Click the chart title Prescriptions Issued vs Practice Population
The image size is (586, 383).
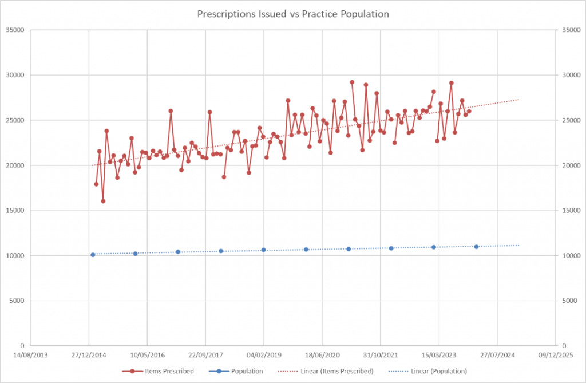coord(292,14)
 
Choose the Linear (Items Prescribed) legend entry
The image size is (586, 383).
coord(336,371)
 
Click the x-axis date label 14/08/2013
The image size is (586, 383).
coord(30,354)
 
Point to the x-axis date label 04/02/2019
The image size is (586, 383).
coord(264,354)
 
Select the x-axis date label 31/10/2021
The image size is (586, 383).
coord(381,354)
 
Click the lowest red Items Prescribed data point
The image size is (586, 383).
coord(103,201)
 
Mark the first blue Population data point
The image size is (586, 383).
coord(93,255)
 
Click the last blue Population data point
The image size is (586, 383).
coord(476,247)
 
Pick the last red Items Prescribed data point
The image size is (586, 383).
coord(469,111)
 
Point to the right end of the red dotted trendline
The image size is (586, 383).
coord(518,100)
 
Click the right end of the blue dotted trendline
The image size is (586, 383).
coord(518,246)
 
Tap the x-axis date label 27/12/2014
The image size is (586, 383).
coord(89,354)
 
